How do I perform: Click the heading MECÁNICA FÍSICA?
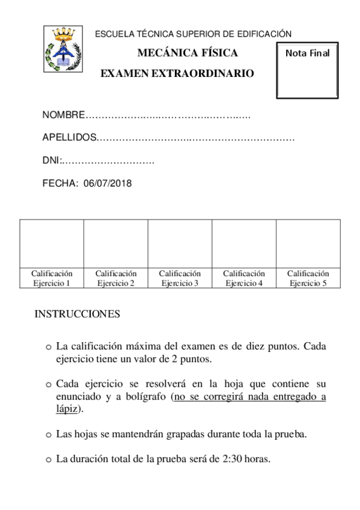click(x=188, y=53)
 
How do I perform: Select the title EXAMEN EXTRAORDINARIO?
click(x=177, y=73)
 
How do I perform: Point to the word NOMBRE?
click(x=64, y=115)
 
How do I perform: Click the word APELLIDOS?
click(x=69, y=138)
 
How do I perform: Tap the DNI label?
click(x=52, y=161)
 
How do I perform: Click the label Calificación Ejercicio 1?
click(x=52, y=278)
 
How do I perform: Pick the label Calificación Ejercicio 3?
click(x=180, y=278)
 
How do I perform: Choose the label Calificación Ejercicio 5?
click(x=308, y=278)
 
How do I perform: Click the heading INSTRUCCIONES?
click(x=77, y=314)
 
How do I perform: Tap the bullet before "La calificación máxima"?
click(x=49, y=348)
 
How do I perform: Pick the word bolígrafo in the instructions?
click(x=145, y=396)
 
